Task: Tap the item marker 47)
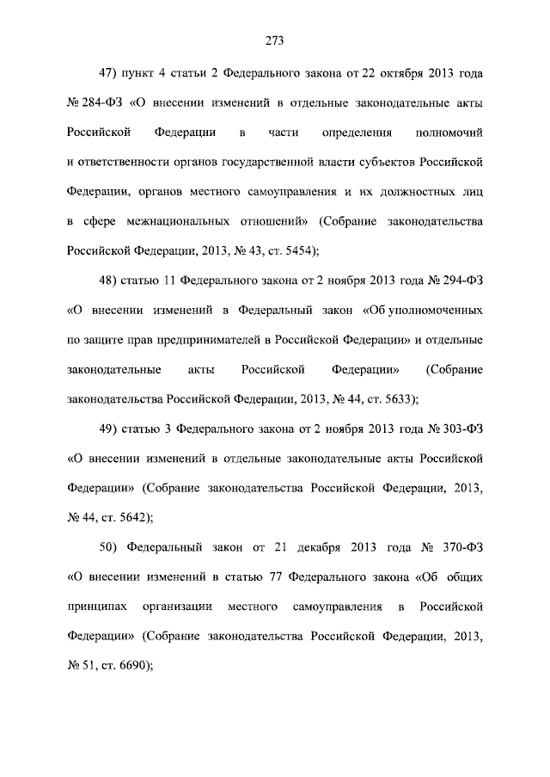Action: (x=109, y=72)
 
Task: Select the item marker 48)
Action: (x=109, y=280)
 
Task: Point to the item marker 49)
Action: (x=109, y=428)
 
